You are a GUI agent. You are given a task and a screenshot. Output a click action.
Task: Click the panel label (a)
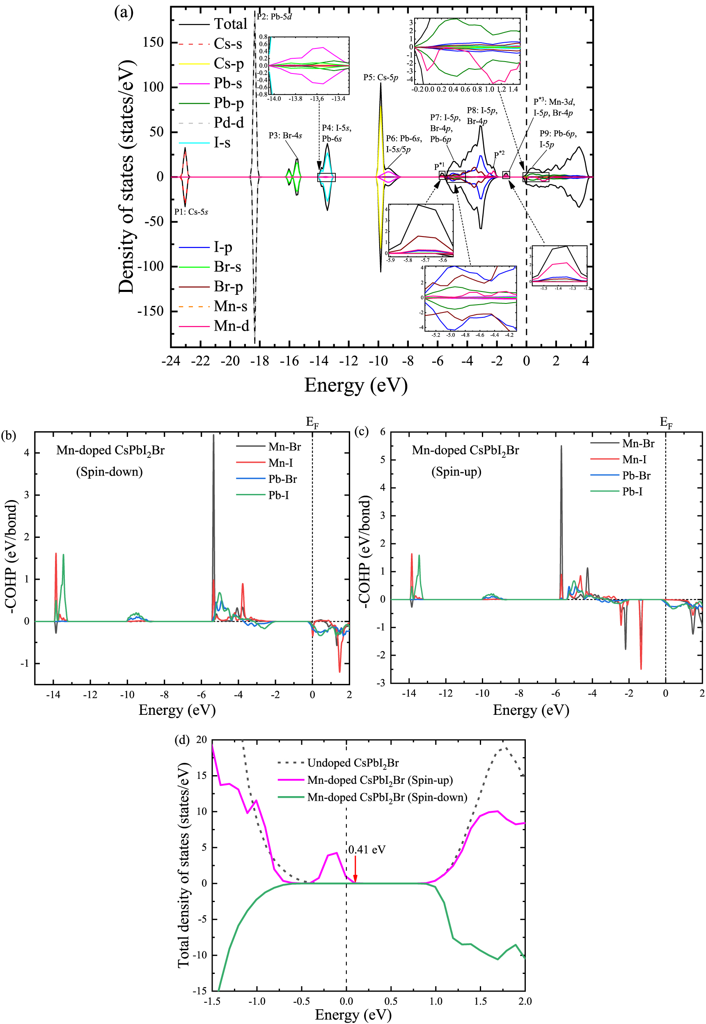click(x=124, y=12)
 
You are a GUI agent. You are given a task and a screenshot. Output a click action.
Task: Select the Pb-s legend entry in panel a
click(x=227, y=83)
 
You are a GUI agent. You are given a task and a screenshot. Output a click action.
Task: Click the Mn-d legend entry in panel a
click(x=231, y=326)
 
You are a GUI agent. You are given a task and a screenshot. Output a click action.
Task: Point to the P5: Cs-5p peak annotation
click(x=381, y=78)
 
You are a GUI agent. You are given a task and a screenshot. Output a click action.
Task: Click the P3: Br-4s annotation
click(x=285, y=135)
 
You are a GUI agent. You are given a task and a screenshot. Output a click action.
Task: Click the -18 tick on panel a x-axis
click(x=260, y=361)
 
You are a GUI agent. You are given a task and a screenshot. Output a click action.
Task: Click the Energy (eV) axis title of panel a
click(x=355, y=385)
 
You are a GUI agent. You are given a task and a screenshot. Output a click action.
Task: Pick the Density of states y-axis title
click(x=126, y=177)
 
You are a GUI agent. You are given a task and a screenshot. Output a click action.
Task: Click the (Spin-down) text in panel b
click(x=109, y=472)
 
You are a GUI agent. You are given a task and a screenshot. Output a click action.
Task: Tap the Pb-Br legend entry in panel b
click(x=282, y=479)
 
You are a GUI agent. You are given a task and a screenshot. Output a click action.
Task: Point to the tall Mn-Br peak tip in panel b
click(x=213, y=436)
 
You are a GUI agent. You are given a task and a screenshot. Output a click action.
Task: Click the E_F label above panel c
click(x=666, y=422)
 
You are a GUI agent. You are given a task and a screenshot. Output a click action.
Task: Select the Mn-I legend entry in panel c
click(x=634, y=459)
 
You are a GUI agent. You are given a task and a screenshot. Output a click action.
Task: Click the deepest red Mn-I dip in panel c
click(x=641, y=668)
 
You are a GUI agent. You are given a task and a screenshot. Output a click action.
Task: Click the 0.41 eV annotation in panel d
click(x=367, y=850)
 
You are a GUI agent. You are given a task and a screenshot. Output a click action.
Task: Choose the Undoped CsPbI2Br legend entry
click(x=353, y=763)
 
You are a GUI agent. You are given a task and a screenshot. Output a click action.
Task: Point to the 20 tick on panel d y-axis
click(x=201, y=740)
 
